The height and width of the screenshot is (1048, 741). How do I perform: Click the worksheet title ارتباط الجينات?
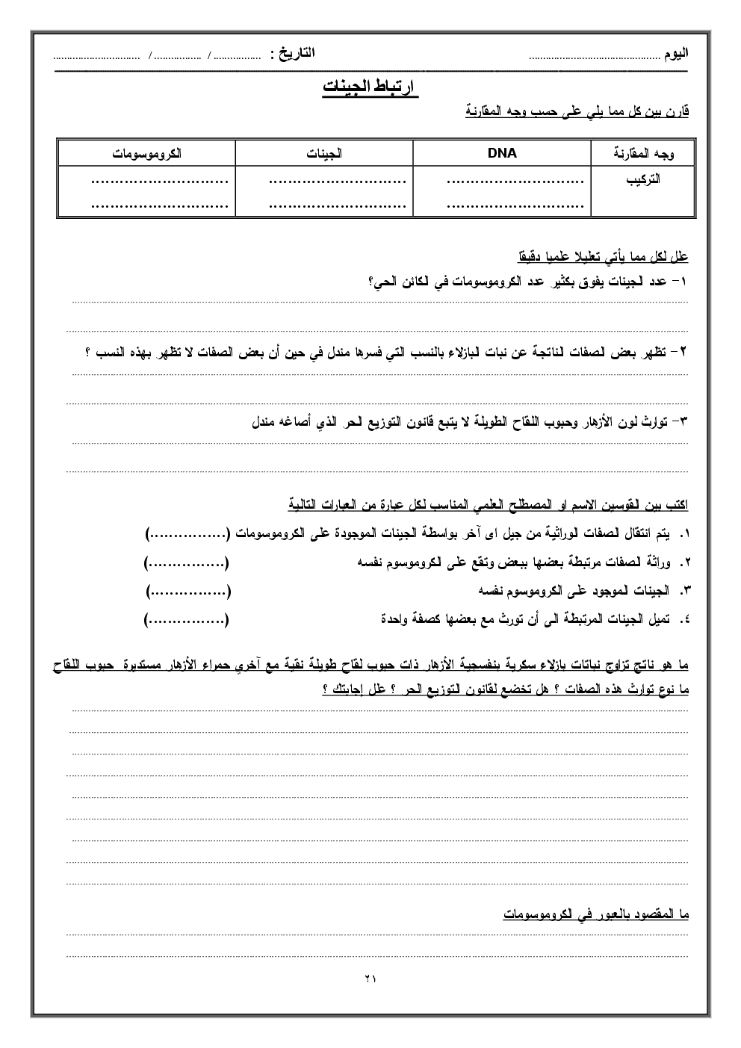[x=370, y=87]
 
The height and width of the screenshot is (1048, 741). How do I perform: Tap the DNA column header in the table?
[x=501, y=153]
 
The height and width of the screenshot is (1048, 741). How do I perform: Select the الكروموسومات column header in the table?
[x=147, y=154]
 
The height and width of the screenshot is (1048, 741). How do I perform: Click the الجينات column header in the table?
[x=324, y=154]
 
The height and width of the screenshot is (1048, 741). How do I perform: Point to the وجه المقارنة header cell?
[x=643, y=154]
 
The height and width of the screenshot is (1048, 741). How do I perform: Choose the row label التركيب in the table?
[x=644, y=179]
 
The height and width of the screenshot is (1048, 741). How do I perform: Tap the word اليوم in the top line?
[x=676, y=55]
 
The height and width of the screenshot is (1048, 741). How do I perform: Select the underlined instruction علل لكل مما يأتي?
[x=603, y=257]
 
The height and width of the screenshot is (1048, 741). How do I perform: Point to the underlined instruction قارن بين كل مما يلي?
[x=577, y=112]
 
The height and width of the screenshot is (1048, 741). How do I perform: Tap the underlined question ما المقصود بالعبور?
[x=595, y=914]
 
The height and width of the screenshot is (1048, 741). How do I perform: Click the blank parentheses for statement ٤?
[x=187, y=619]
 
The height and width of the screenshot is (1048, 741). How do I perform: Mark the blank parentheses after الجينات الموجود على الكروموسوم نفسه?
[x=187, y=591]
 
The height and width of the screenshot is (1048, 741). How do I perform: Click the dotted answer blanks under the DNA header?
[x=515, y=190]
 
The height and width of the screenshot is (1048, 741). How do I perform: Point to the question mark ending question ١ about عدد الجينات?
[x=372, y=281]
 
